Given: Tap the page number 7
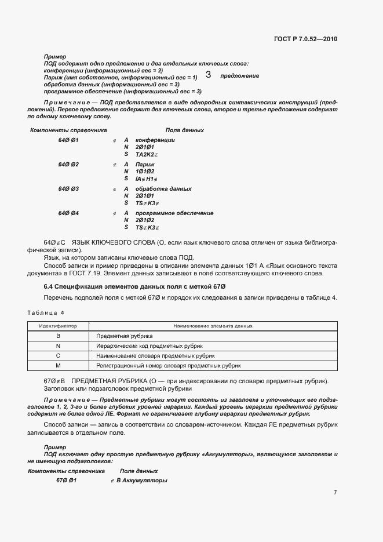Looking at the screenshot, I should [x=335, y=492].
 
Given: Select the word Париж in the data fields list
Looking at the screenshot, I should [x=144, y=165].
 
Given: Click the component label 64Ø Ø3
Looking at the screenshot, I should [x=68, y=189].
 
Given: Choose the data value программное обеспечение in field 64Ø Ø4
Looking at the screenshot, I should [x=174, y=213].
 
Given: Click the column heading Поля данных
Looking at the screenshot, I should [x=184, y=130].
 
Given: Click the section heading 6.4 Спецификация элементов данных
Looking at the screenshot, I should [x=134, y=287].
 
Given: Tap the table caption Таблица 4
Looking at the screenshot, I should [x=46, y=313].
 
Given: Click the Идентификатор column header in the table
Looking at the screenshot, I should [x=58, y=326].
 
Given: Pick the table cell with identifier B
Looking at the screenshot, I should [x=58, y=336].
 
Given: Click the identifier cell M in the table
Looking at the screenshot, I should [x=58, y=366].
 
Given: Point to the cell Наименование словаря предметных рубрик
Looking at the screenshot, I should [x=155, y=356].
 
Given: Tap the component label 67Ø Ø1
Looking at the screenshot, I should [x=66, y=481].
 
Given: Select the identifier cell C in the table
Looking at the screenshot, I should [x=58, y=356].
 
